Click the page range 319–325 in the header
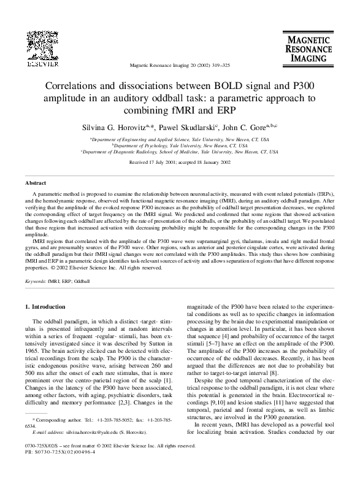pyautogui.click(x=218, y=65)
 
